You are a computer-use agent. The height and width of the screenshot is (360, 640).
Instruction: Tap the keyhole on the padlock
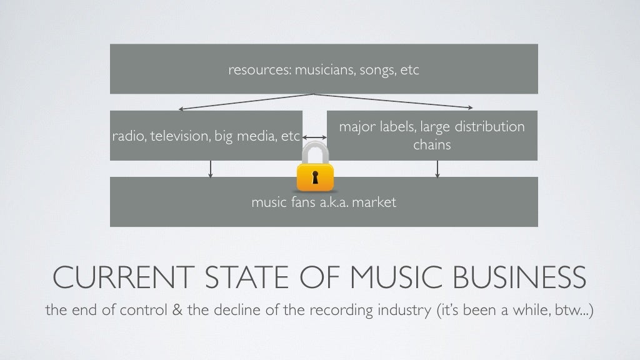[315, 177]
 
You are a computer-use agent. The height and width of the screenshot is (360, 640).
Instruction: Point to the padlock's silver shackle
[314, 152]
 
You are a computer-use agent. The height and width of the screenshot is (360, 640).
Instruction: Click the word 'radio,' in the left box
[127, 136]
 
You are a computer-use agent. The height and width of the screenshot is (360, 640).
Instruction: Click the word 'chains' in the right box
[432, 145]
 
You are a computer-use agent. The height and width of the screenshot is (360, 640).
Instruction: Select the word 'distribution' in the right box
[489, 127]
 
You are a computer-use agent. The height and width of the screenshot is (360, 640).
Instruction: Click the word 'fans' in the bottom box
[302, 202]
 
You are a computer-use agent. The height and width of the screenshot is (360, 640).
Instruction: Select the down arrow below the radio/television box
[211, 169]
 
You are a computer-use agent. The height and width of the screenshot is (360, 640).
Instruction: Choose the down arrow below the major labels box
[437, 169]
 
